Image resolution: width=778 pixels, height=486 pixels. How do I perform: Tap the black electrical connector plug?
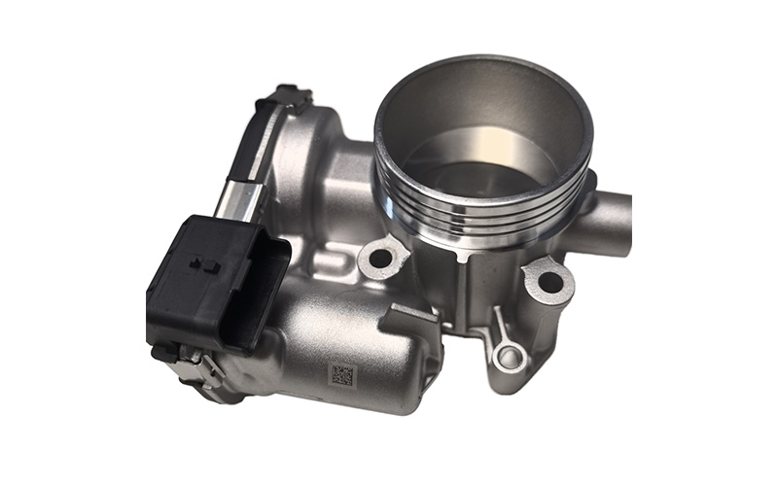(x=217, y=276)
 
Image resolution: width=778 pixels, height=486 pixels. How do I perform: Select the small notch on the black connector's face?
(x=205, y=263)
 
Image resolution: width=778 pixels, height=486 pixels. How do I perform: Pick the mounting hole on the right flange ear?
(x=549, y=283)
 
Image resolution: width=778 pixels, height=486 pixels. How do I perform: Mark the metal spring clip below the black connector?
(x=194, y=364)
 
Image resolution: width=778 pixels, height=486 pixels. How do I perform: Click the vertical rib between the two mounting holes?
(x=467, y=292)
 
